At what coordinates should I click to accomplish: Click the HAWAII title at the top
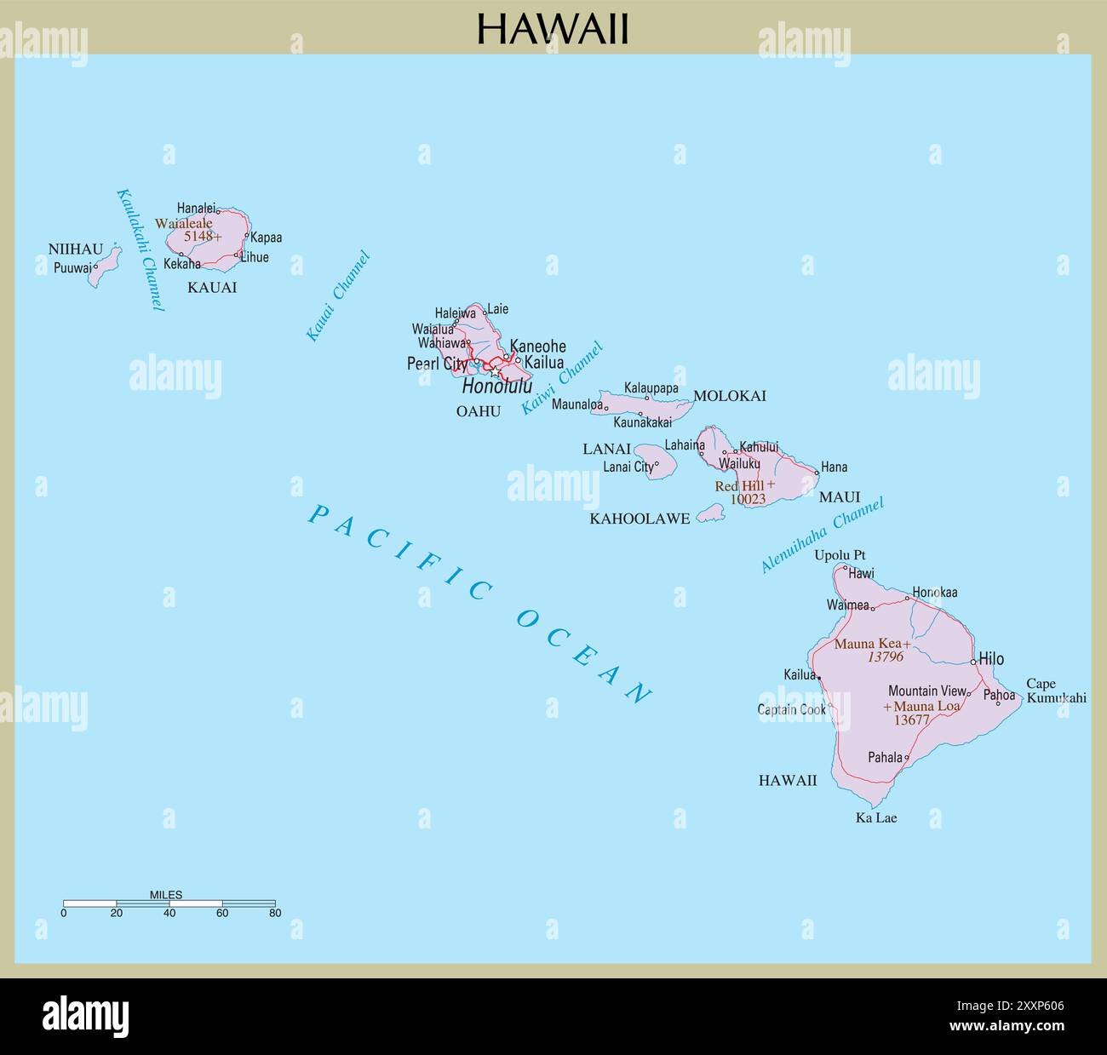[553, 28]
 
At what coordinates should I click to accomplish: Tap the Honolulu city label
[496, 386]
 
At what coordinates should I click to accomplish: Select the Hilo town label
[991, 658]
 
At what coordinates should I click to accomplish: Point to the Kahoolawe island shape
[710, 513]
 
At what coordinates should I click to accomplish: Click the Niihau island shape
[105, 267]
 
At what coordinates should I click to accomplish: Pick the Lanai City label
[628, 467]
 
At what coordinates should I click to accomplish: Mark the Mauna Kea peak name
[867, 644]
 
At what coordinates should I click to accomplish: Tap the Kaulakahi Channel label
[140, 249]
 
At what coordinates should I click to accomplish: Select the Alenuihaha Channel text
[823, 534]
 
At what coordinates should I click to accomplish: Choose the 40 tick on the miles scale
[169, 913]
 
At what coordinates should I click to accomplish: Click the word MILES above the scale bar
[166, 895]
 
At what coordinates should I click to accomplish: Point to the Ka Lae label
[876, 817]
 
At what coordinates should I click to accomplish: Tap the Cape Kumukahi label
[1056, 691]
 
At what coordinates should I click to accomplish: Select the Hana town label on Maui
[834, 467]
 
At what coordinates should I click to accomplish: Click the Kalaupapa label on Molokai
[651, 388]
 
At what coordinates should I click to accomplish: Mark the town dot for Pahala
[906, 757]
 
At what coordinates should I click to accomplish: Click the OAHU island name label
[479, 410]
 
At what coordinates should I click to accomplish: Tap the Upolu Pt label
[840, 555]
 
